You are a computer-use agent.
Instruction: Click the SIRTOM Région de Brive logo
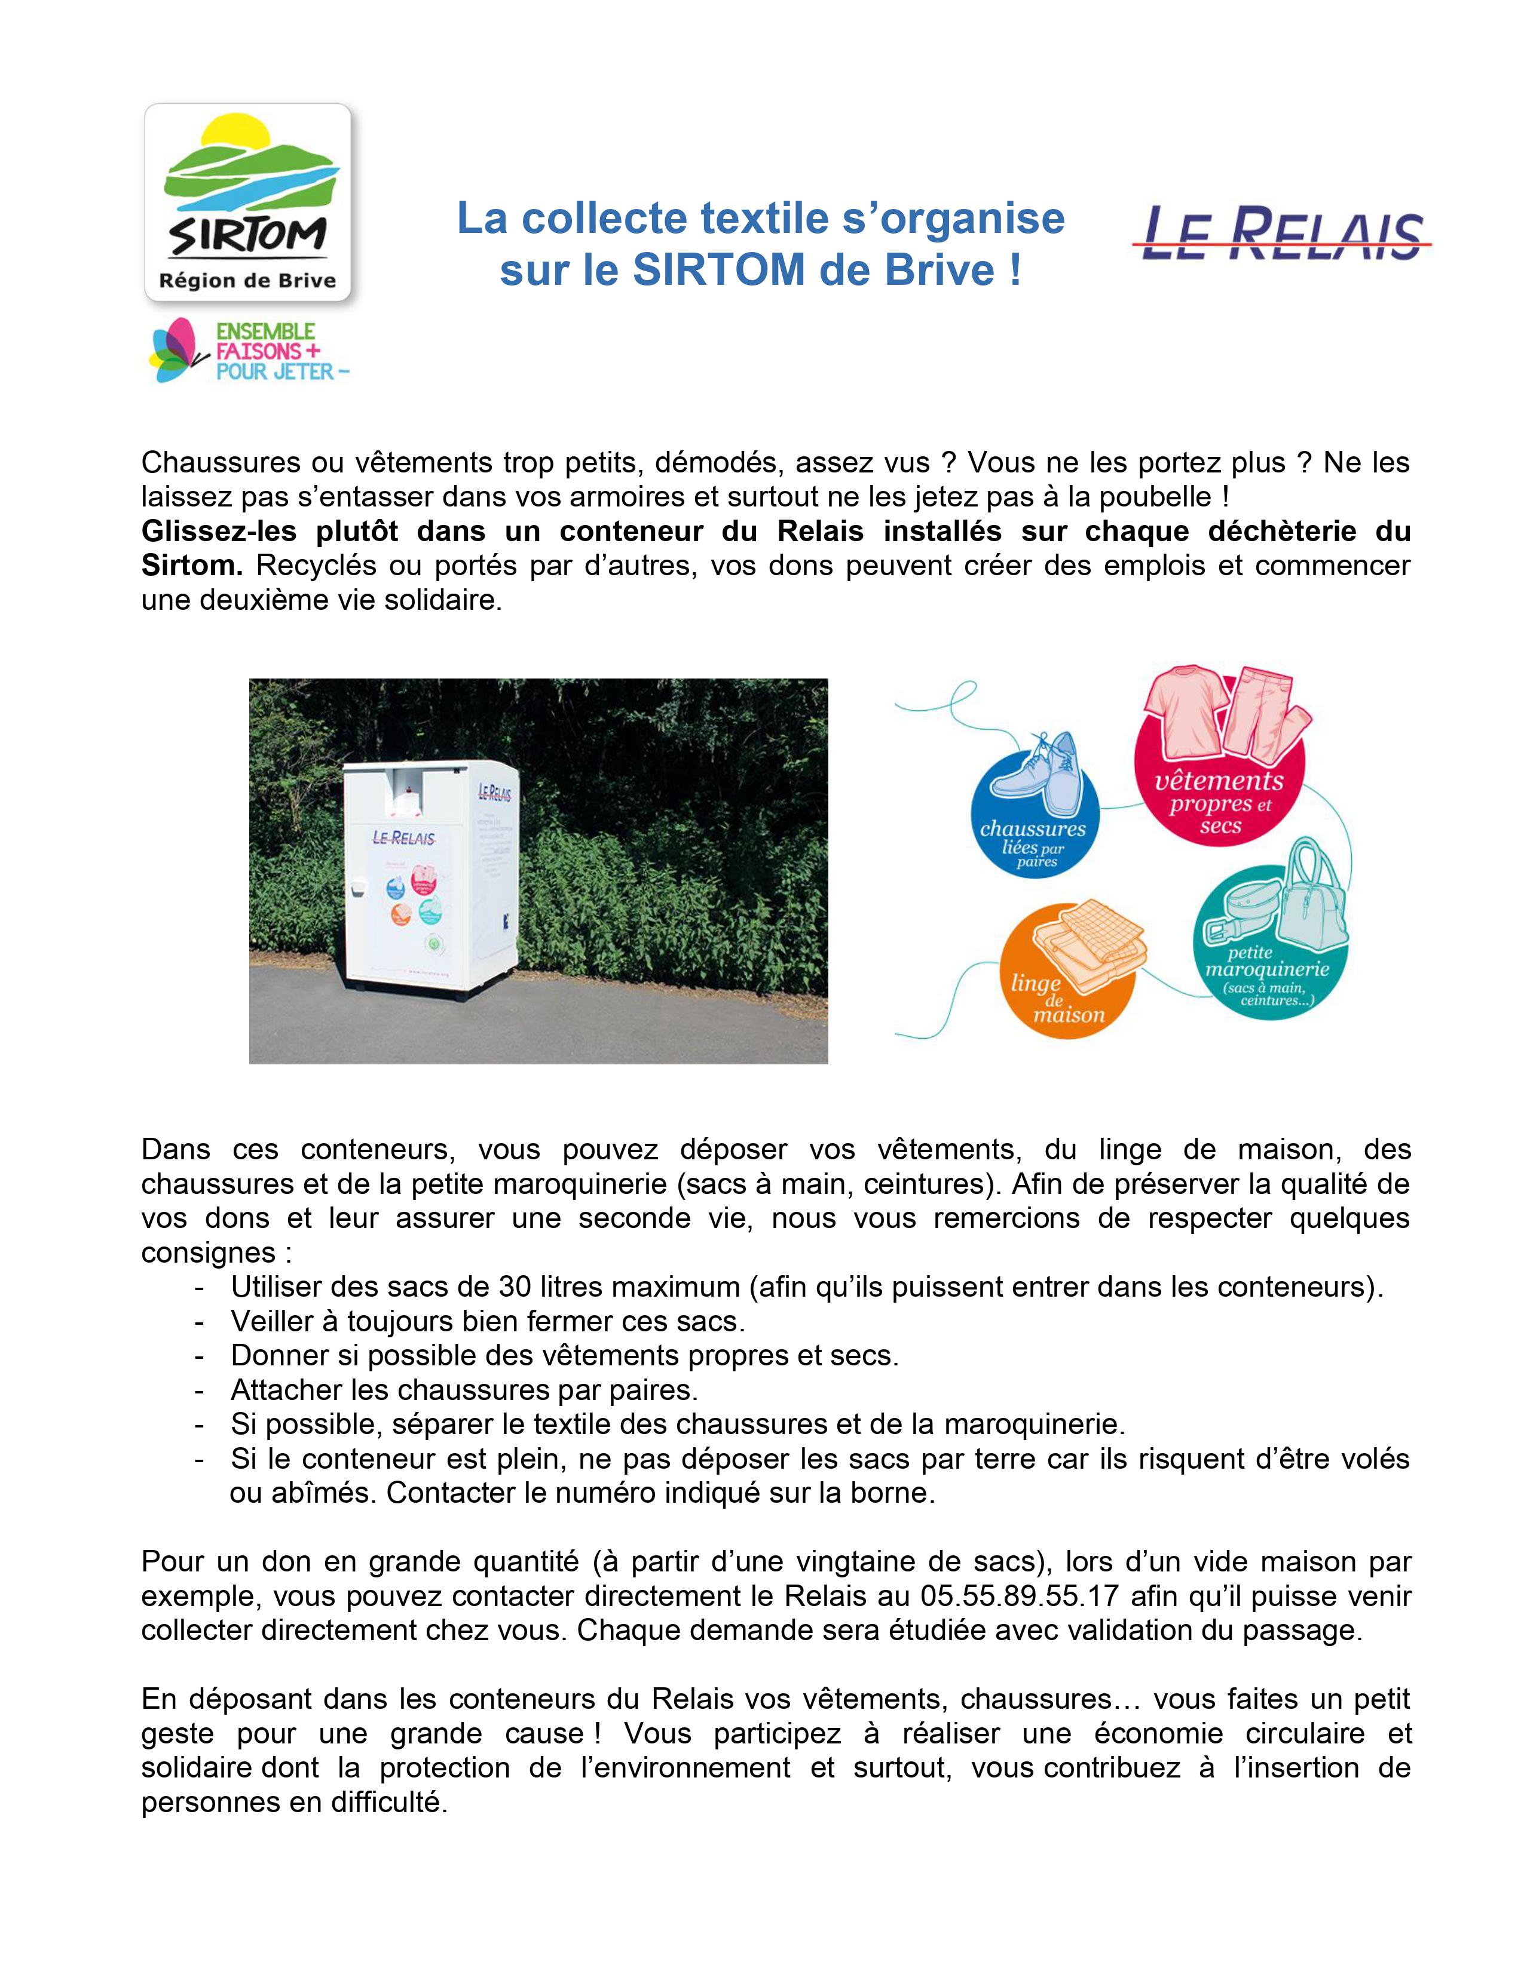point(247,203)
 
